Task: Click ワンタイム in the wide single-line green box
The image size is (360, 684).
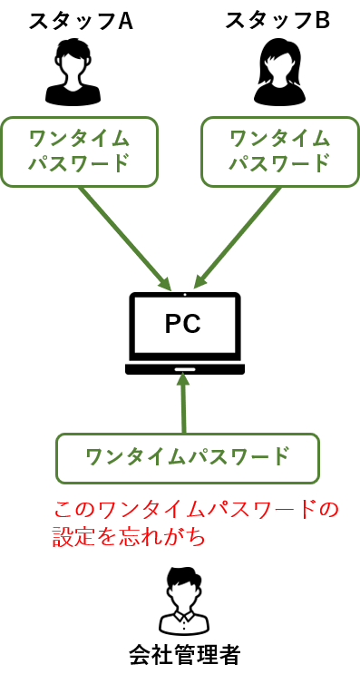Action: point(135,456)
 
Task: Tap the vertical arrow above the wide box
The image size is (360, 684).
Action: point(183,404)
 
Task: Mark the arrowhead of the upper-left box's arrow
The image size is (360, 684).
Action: point(166,285)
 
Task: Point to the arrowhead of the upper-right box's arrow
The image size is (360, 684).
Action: point(199,285)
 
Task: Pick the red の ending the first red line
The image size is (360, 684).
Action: point(329,509)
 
